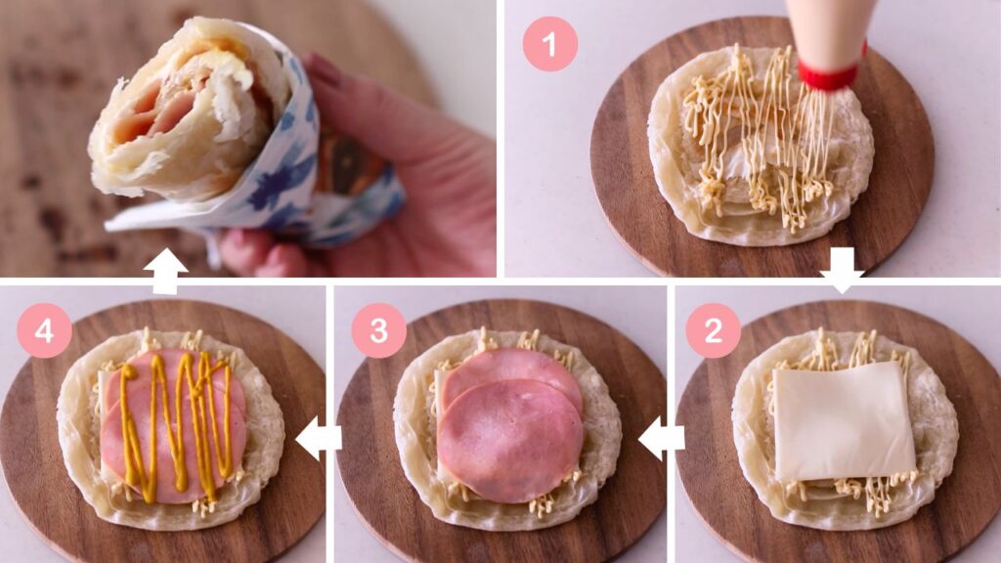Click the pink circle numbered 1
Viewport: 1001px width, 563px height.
(549, 44)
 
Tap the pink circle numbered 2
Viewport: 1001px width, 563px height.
(713, 330)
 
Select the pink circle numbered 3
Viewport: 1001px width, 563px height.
(379, 330)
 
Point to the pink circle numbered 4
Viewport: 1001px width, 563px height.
(44, 330)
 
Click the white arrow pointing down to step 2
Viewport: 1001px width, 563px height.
(842, 271)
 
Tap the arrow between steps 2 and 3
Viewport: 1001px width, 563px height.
(661, 438)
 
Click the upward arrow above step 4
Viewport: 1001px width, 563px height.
(165, 271)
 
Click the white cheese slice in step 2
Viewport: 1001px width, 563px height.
(844, 421)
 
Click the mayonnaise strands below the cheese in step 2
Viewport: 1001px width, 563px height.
(849, 492)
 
